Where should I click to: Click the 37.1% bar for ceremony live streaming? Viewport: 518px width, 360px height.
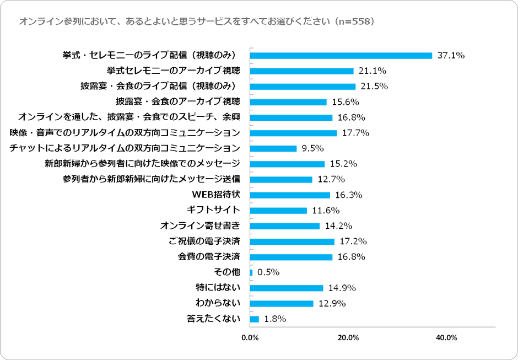(x=341, y=56)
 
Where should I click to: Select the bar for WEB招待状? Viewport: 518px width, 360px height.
(x=290, y=195)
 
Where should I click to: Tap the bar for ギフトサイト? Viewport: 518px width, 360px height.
(x=279, y=211)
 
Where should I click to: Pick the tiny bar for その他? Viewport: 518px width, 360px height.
(x=251, y=272)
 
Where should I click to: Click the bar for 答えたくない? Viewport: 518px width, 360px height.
(x=255, y=319)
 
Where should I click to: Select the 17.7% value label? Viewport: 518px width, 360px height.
(x=355, y=133)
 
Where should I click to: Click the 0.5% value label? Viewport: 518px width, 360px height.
(x=269, y=272)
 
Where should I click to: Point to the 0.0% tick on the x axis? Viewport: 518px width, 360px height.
(x=250, y=338)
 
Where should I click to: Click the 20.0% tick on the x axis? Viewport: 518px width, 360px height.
(x=348, y=338)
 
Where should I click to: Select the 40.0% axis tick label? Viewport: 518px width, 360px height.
(x=446, y=338)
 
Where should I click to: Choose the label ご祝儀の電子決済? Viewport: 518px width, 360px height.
(x=204, y=241)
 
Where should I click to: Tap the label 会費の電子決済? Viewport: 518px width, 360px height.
(x=209, y=257)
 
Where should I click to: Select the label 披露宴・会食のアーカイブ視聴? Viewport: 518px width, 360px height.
(x=178, y=102)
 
